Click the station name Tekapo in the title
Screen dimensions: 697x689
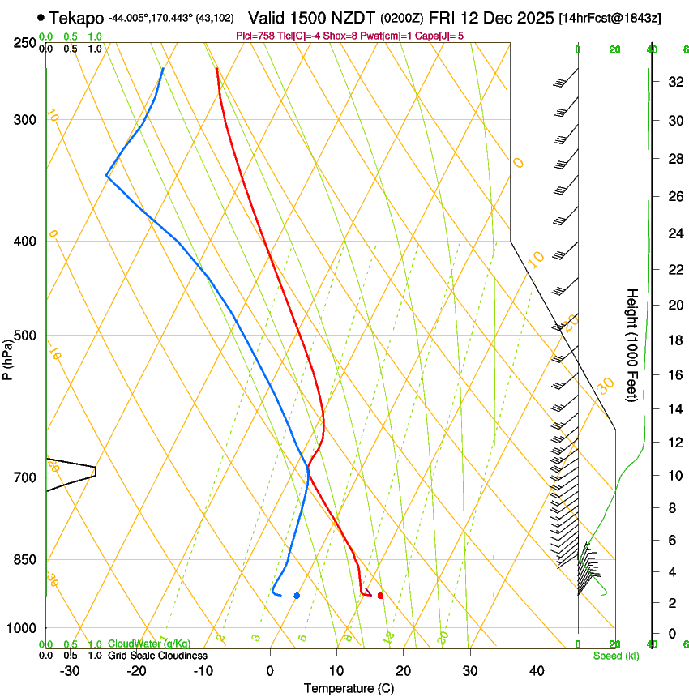click(x=76, y=18)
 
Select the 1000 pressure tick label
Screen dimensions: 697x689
click(x=23, y=628)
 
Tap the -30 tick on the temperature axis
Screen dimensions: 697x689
click(x=70, y=670)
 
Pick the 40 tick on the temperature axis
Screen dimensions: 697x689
click(x=537, y=670)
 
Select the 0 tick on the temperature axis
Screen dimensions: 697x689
click(x=270, y=670)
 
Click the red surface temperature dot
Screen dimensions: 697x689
click(x=380, y=596)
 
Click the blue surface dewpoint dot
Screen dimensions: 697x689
click(x=297, y=596)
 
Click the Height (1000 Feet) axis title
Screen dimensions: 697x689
click(x=632, y=345)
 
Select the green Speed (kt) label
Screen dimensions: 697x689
click(x=615, y=656)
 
